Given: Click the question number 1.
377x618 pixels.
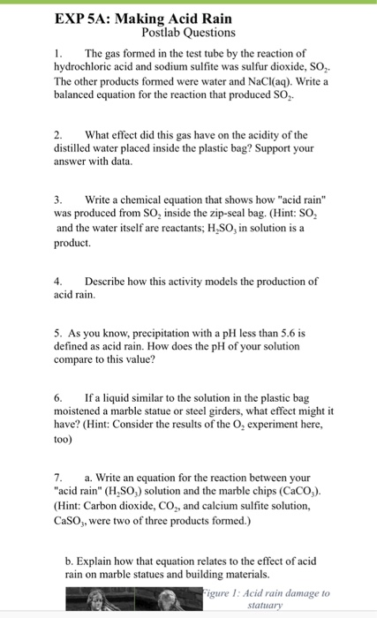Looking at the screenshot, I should (x=57, y=54).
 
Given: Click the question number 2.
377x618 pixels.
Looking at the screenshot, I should (x=57, y=134).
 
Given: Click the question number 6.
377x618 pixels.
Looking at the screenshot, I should (x=57, y=397).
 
